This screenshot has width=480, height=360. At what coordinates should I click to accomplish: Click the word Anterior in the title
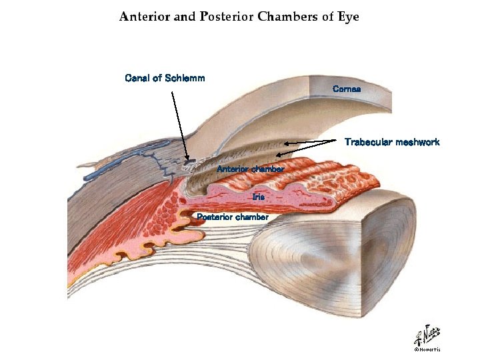pos(143,17)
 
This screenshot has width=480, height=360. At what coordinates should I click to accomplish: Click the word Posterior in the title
pos(225,17)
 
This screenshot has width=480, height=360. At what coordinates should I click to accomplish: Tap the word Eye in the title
pos(347,17)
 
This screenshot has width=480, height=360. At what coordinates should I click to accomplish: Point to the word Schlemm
pos(185,78)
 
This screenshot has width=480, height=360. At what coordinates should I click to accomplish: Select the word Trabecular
pos(368,142)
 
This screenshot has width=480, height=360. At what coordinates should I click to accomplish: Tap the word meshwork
pos(418,142)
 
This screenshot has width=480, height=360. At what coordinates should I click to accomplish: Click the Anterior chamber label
pos(251,169)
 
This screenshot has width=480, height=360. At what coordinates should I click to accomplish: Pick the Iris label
pos(259,197)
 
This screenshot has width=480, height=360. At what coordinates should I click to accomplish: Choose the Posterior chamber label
pos(233,217)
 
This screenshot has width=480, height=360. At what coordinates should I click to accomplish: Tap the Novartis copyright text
pos(427,349)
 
